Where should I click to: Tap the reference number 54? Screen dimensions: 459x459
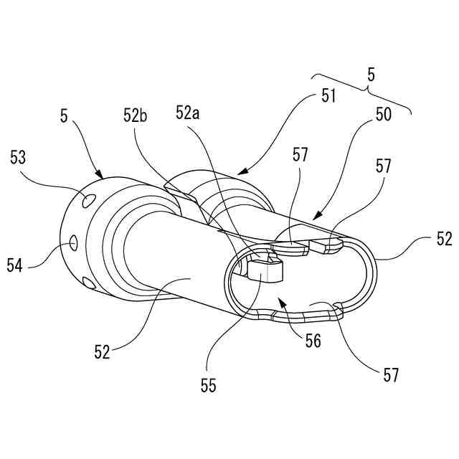click(16, 265)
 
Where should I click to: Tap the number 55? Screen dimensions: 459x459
click(208, 385)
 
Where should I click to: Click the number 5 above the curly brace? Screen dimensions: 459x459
click(370, 73)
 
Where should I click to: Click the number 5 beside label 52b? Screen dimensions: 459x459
click(65, 114)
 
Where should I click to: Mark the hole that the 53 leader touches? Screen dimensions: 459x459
click(88, 199)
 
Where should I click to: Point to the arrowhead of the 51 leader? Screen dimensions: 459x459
click(239, 173)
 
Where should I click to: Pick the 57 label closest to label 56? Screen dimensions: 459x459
click(391, 374)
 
